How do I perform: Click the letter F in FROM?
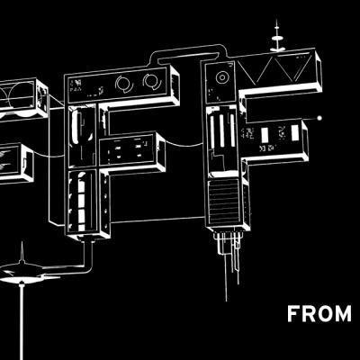[x=293, y=314]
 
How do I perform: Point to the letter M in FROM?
[x=342, y=314]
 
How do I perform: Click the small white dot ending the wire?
[x=319, y=118]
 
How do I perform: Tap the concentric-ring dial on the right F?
[x=222, y=77]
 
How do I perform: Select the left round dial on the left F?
[x=123, y=84]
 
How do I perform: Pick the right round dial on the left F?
[x=152, y=81]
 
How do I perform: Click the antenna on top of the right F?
[x=277, y=36]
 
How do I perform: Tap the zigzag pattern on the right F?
[x=276, y=68]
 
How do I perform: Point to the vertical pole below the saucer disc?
[x=22, y=321]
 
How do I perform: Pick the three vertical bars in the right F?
[x=222, y=131]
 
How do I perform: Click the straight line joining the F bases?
[x=157, y=220]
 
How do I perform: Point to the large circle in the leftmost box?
[x=22, y=96]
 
